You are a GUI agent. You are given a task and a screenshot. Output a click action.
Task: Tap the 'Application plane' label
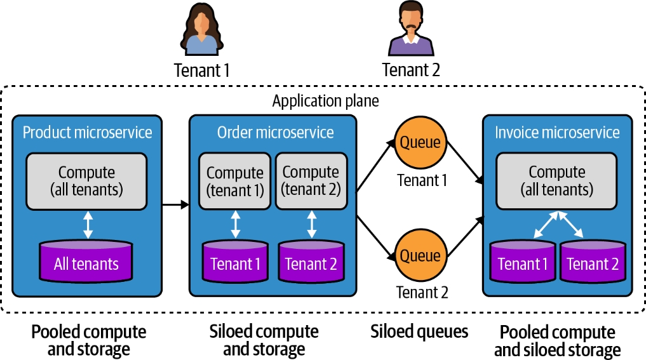coord(325,101)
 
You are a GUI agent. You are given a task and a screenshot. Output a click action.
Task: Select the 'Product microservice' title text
coord(88,132)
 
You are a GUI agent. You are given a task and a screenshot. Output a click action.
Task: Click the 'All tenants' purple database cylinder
coord(87,262)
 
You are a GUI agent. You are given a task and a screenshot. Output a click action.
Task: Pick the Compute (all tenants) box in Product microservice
coord(87,180)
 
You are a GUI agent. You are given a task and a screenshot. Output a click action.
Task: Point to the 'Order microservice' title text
coord(275,132)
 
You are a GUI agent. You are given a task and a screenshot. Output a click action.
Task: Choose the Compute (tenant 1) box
coord(235,180)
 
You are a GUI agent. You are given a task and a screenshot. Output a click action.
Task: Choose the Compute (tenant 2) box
coord(311,180)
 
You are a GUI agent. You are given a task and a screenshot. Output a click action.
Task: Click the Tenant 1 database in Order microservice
coord(235,262)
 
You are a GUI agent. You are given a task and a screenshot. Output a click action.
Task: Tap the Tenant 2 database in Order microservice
coord(311,262)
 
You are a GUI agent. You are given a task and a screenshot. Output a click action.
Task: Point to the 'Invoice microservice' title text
coord(557,132)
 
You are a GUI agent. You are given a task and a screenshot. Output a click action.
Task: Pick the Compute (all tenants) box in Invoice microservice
coord(557,180)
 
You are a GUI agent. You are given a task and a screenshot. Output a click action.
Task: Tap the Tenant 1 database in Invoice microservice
coord(523,262)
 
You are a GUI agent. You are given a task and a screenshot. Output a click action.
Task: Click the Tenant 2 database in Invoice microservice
coord(592,262)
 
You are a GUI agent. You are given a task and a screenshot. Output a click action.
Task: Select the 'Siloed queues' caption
coord(419,331)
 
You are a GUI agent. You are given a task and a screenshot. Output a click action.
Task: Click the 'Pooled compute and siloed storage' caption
coord(557,341)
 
